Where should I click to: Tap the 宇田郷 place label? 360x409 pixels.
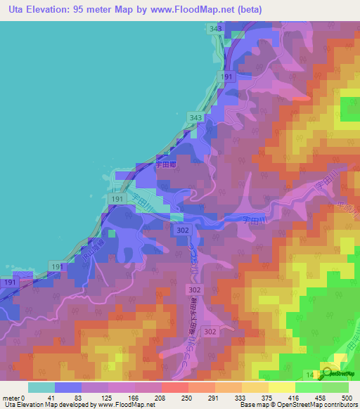click(164, 167)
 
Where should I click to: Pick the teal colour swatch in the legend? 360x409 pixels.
click(41, 387)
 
